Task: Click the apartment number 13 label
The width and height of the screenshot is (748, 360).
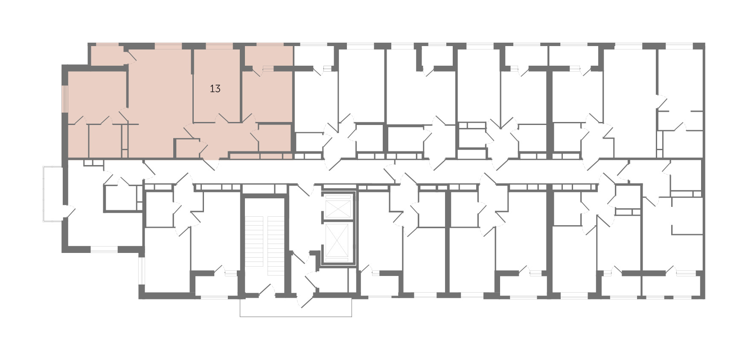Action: click(x=215, y=89)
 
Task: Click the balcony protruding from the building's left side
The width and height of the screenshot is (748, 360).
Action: click(x=53, y=194)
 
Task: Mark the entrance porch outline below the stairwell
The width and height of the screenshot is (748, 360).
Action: click(x=296, y=308)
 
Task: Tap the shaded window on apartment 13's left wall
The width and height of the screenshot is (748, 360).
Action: click(x=65, y=99)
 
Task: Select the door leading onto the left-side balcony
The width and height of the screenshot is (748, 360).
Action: click(x=69, y=211)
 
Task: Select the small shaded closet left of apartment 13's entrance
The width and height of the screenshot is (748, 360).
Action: click(x=187, y=148)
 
